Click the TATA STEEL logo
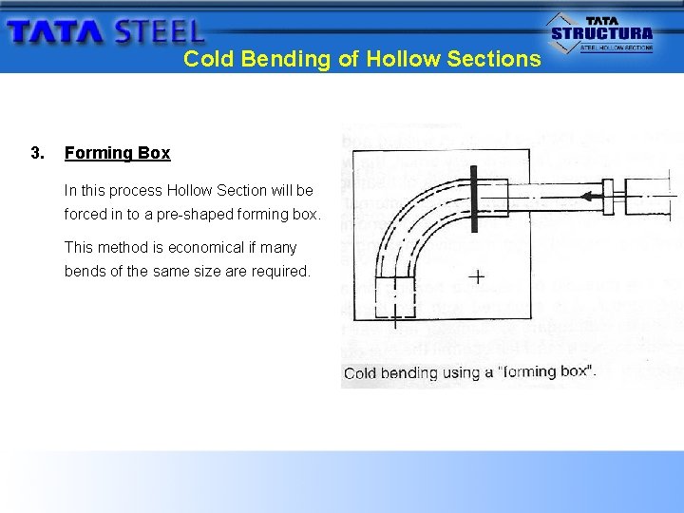(104, 31)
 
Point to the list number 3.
(36, 153)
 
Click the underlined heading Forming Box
(117, 153)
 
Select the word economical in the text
(205, 248)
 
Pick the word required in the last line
(280, 272)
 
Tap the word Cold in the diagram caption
(360, 372)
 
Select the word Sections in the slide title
(493, 59)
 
